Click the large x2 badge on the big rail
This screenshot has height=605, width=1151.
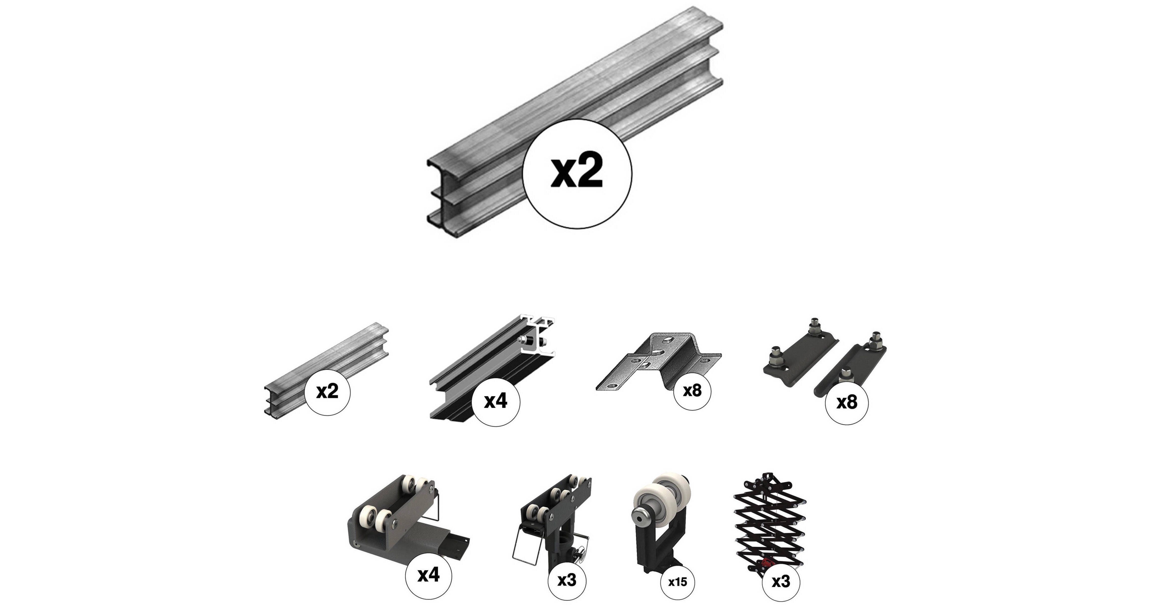(x=577, y=174)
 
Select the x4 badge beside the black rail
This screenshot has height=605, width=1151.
(x=496, y=401)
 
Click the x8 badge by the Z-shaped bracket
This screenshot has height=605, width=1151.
(x=692, y=390)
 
